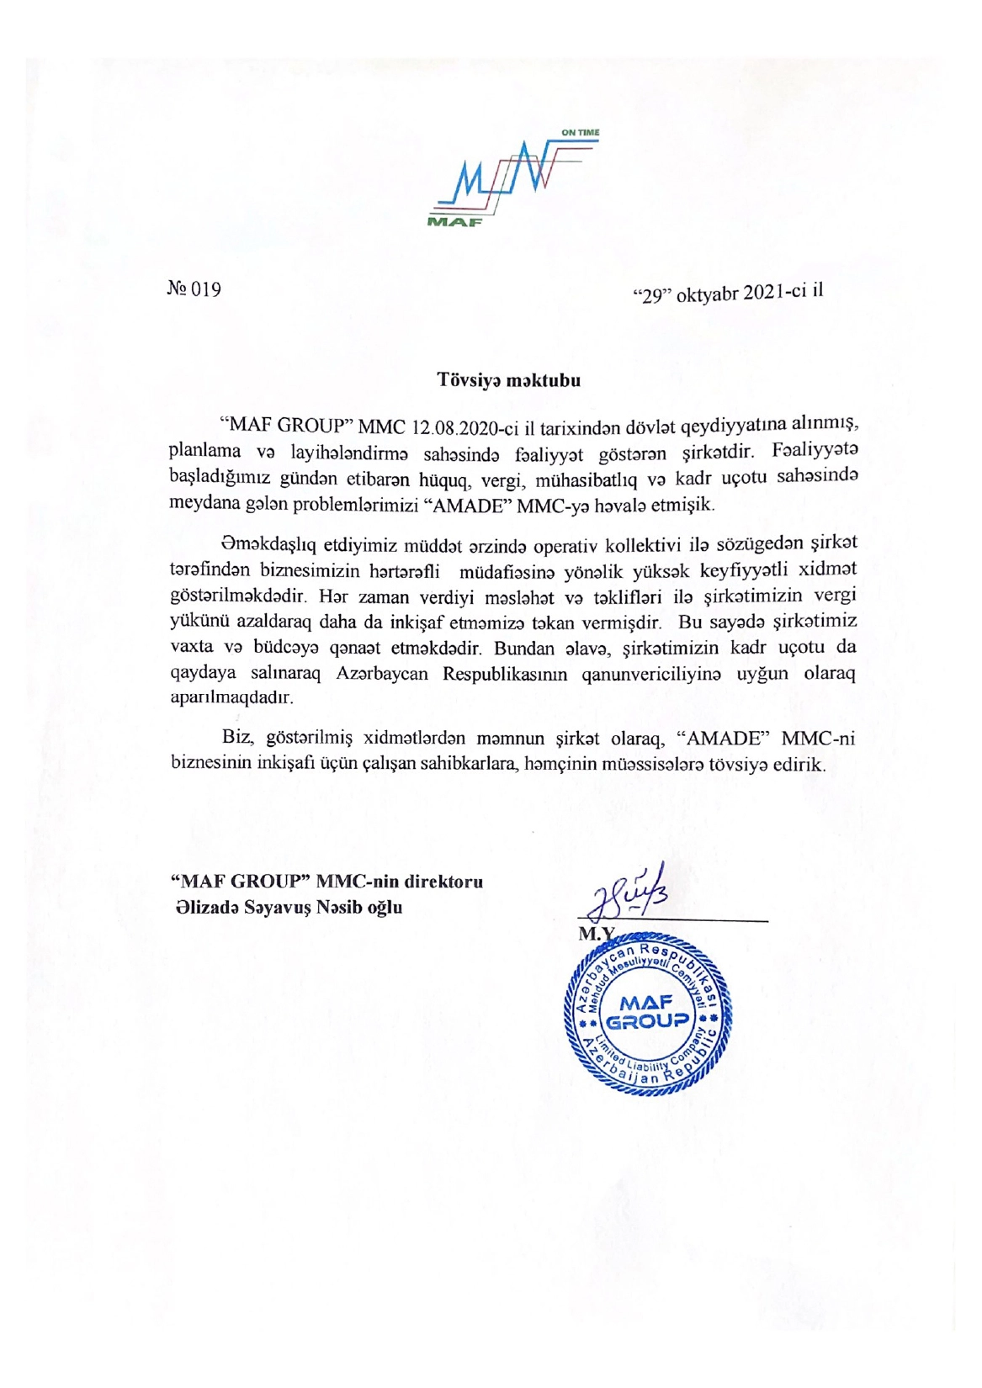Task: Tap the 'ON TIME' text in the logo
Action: tap(580, 133)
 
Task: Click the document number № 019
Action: tap(194, 289)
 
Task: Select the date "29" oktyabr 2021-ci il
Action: tap(727, 294)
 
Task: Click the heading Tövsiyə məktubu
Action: tap(508, 379)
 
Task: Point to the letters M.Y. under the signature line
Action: tap(596, 934)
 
